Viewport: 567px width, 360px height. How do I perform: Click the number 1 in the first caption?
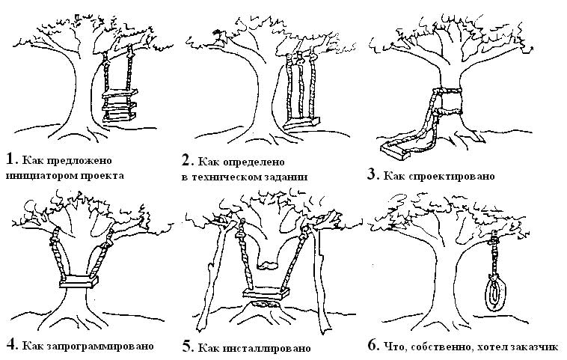[x=9, y=158]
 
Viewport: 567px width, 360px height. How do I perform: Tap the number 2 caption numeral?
[x=186, y=159]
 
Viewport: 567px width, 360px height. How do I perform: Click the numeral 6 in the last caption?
[x=372, y=345]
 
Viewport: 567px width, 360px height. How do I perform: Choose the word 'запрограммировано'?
[x=99, y=347]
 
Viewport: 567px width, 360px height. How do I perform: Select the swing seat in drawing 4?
[x=77, y=283]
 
